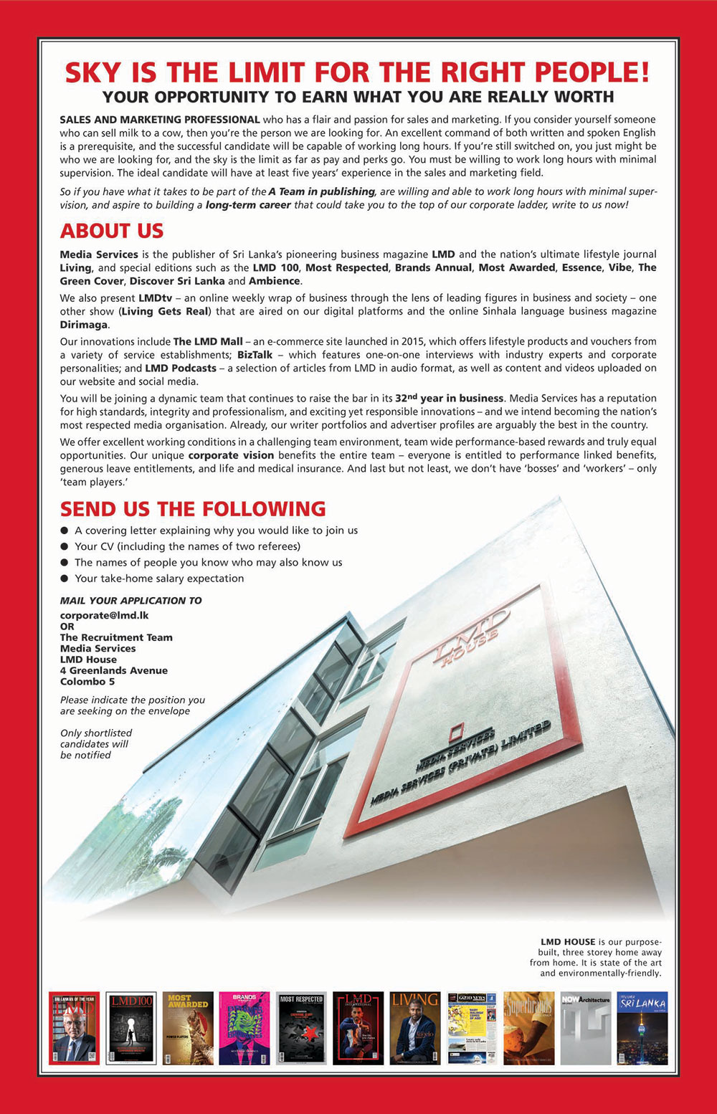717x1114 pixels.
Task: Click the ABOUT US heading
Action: point(112,231)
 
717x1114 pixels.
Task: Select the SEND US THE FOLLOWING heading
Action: point(193,509)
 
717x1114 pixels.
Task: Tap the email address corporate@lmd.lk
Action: point(104,615)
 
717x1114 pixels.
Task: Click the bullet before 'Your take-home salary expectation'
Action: point(65,579)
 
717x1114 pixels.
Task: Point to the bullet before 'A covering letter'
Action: point(65,530)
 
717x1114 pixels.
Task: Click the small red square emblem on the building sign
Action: point(456,732)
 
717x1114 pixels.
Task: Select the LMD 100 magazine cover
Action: point(130,1028)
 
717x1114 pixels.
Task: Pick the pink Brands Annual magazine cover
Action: point(244,1028)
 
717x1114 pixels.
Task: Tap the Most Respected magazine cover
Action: point(301,1028)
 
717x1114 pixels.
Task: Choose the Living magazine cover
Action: point(414,1028)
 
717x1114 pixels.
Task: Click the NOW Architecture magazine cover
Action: point(585,1028)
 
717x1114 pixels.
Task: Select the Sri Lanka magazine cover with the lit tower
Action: point(642,1028)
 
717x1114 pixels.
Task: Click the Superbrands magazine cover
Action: point(528,1028)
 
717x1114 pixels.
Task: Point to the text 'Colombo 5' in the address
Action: point(87,682)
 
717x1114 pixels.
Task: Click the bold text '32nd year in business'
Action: point(449,398)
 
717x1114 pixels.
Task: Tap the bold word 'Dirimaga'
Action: point(84,325)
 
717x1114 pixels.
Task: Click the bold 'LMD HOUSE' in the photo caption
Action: point(568,941)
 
